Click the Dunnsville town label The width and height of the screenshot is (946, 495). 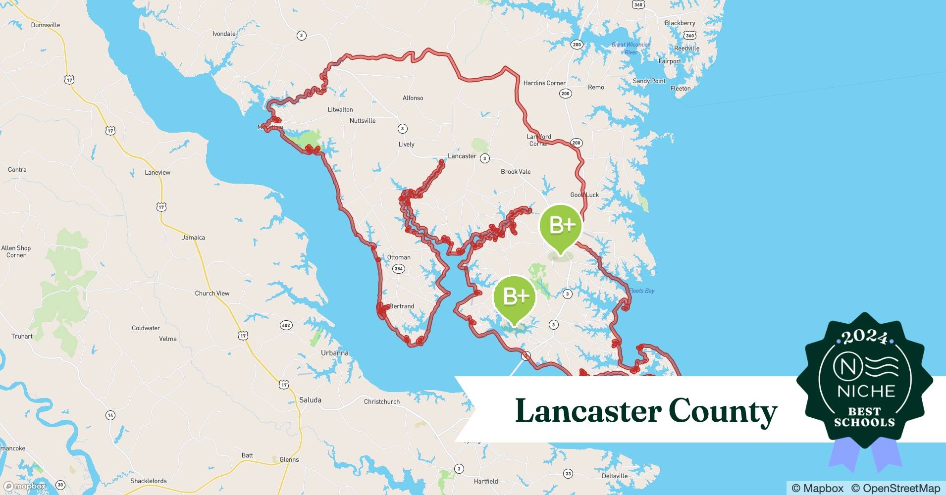[x=46, y=25]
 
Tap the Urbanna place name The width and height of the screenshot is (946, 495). [x=334, y=353]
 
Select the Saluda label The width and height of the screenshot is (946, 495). [x=310, y=400]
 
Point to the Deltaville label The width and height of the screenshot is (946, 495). [x=615, y=476]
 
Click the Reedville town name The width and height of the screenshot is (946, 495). [x=686, y=49]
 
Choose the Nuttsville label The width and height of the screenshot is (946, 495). [x=363, y=121]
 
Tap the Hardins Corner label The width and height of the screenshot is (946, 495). [x=544, y=83]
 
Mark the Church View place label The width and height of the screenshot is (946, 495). [x=212, y=294]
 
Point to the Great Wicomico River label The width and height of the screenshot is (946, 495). [x=631, y=48]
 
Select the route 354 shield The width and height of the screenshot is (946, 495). [x=398, y=269]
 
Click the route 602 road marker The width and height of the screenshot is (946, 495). [x=286, y=325]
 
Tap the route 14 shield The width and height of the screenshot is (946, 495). [x=110, y=415]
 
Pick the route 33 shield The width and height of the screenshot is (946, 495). [x=568, y=474]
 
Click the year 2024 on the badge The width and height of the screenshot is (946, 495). [x=865, y=338]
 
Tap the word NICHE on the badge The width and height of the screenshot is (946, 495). [x=866, y=392]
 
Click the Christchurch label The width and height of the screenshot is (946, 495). [x=381, y=401]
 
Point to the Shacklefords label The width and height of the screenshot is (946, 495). [x=149, y=481]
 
